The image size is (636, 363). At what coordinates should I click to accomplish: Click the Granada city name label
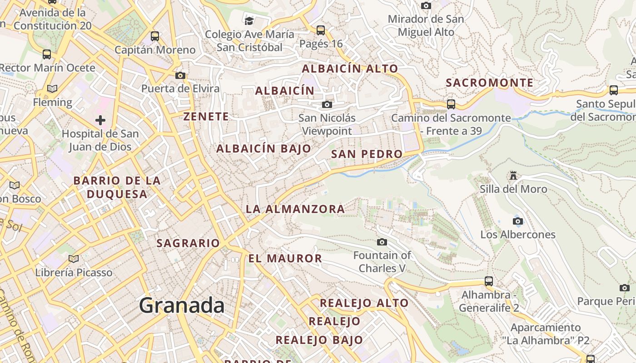[x=182, y=305]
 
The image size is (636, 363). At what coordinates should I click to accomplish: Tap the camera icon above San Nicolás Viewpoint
[x=327, y=105]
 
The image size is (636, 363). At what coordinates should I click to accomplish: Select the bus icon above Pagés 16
[x=321, y=30]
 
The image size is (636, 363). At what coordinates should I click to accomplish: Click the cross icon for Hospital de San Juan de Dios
[x=100, y=120]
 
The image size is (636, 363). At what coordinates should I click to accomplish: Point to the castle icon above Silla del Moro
[x=514, y=175]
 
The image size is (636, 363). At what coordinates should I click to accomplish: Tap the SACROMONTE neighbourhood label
[x=490, y=83]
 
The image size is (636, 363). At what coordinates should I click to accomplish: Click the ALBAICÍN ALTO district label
[x=350, y=69]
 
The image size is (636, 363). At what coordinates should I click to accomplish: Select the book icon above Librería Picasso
[x=74, y=259]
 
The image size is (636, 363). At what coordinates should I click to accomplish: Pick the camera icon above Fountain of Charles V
[x=382, y=242]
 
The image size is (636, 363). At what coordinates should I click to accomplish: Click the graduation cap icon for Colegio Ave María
[x=249, y=21]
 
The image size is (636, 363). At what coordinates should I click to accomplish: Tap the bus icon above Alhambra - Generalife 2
[x=489, y=281]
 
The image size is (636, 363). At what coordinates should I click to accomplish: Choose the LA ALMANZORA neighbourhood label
[x=295, y=209]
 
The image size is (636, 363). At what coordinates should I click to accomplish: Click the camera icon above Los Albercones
[x=518, y=221]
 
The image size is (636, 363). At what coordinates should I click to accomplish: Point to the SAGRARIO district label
[x=188, y=243]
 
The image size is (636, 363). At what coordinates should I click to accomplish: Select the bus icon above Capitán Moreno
[x=155, y=36]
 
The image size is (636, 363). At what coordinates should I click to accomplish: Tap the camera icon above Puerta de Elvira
[x=180, y=75]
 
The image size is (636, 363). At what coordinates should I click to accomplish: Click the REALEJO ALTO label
[x=364, y=303]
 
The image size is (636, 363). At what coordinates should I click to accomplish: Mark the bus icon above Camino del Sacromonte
[x=451, y=104]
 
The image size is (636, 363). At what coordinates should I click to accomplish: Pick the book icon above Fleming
[x=52, y=88]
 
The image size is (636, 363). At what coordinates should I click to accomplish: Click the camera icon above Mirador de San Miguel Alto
[x=426, y=5]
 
